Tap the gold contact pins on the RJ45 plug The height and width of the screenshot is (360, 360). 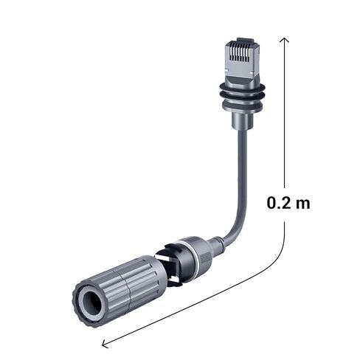coord(240,52)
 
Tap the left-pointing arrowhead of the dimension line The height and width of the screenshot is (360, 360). coord(105,342)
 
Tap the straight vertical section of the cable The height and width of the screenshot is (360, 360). coord(240,162)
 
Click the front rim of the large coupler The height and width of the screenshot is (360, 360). coord(81,310)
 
